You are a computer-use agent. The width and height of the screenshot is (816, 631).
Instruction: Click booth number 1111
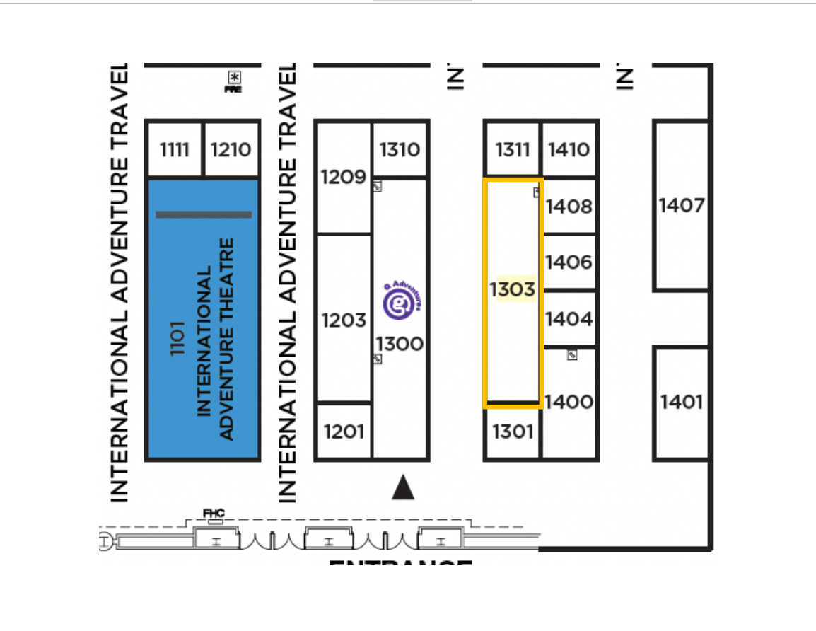point(175,150)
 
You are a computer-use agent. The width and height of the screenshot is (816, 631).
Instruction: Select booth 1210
point(231,150)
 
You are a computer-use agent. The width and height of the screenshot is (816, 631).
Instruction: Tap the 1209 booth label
point(343,177)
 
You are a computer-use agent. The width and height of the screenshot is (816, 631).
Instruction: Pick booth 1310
point(400,150)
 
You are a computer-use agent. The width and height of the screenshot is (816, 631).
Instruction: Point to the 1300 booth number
point(400,345)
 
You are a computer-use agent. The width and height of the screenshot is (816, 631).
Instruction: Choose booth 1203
point(344,320)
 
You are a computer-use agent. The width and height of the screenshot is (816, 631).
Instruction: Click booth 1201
point(344,431)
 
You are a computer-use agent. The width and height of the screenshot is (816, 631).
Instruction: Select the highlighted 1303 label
point(513,289)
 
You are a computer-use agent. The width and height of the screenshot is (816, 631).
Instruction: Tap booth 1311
point(513,150)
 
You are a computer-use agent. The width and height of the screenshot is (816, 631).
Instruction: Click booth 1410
point(569,150)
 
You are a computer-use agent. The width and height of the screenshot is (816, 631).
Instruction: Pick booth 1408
point(569,207)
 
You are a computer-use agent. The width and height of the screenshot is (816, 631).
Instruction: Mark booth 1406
point(569,262)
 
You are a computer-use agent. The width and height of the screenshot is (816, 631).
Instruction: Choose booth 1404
point(569,319)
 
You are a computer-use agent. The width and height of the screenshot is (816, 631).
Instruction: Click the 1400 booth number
point(569,403)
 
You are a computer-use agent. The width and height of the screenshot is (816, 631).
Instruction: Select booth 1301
point(513,431)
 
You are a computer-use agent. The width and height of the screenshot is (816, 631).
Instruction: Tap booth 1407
point(682,206)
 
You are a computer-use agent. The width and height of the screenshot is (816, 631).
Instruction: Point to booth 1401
point(682,403)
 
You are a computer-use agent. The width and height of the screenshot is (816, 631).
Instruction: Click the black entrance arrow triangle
point(403,487)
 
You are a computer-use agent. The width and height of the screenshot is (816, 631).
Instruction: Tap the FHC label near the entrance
point(214,513)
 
